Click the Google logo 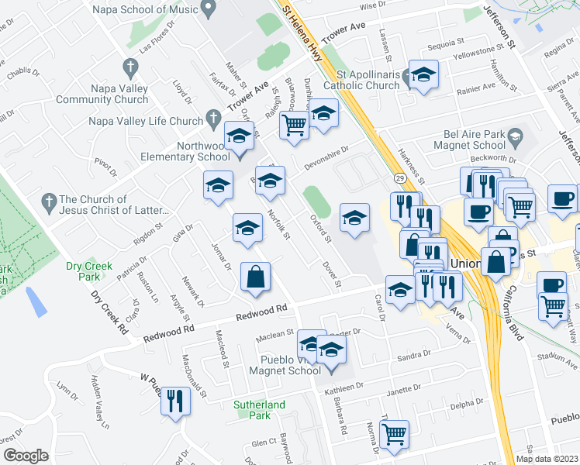pyautogui.click(x=25, y=456)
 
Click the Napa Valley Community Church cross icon pyautogui.click(x=130, y=68)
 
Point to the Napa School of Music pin pyautogui.click(x=207, y=9)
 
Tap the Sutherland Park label pyautogui.click(x=259, y=410)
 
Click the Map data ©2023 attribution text pyautogui.click(x=547, y=459)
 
